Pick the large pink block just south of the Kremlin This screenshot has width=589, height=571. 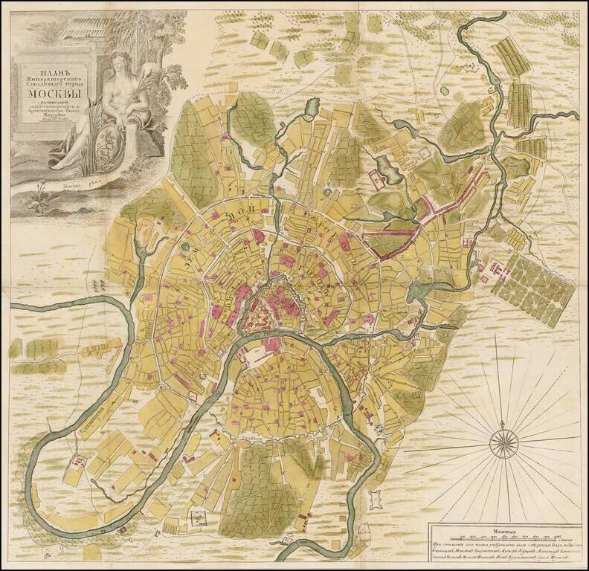coord(272,343)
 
